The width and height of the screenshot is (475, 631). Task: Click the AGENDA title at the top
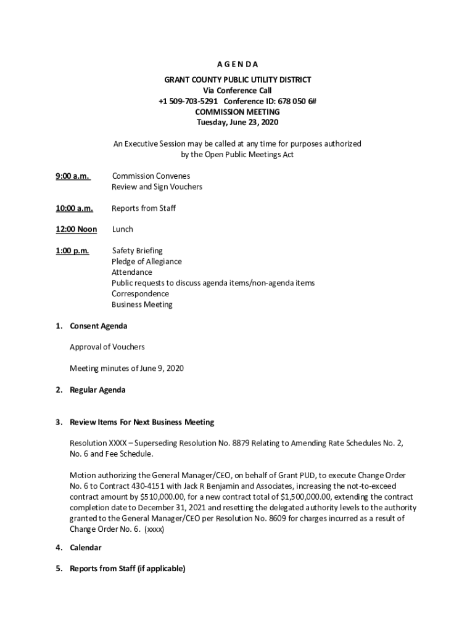pyautogui.click(x=237, y=64)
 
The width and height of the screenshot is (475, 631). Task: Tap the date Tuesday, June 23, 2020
pyautogui.click(x=237, y=122)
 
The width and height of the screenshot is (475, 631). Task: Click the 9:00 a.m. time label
pyautogui.click(x=72, y=176)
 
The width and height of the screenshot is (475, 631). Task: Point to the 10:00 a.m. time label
pyautogui.click(x=74, y=208)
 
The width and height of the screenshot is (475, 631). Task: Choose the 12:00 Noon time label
pyautogui.click(x=76, y=229)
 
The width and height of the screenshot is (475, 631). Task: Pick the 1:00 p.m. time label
pyautogui.click(x=72, y=251)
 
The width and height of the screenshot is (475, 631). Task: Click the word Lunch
pyautogui.click(x=122, y=229)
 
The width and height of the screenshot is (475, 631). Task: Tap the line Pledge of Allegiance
pyautogui.click(x=146, y=261)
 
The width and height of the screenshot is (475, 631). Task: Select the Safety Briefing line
pyautogui.click(x=137, y=251)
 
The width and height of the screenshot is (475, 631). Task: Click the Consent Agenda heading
pyautogui.click(x=98, y=326)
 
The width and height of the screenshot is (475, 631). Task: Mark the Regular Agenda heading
pyautogui.click(x=97, y=390)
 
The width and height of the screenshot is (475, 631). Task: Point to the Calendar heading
pyautogui.click(x=86, y=547)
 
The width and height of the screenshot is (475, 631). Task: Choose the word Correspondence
pyautogui.click(x=140, y=294)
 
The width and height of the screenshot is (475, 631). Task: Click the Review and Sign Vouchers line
pyautogui.click(x=157, y=187)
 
